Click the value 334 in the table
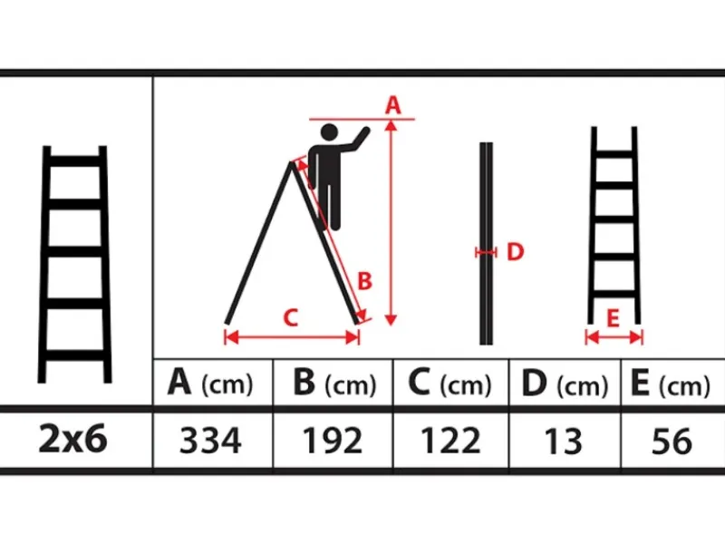click(210, 441)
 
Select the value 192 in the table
click(333, 441)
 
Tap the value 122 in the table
click(450, 441)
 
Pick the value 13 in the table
click(563, 441)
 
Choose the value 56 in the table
click(672, 441)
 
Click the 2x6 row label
click(73, 439)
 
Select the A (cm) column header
click(211, 384)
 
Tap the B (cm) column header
click(335, 384)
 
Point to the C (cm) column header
click(449, 384)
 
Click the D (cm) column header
click(565, 384)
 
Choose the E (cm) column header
click(671, 384)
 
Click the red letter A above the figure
click(393, 105)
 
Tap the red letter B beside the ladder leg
click(365, 281)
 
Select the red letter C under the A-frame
click(290, 318)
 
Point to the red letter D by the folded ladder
click(516, 252)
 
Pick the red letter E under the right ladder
click(614, 318)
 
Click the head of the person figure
click(329, 132)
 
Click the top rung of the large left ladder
click(74, 161)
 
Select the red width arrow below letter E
click(614, 337)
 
